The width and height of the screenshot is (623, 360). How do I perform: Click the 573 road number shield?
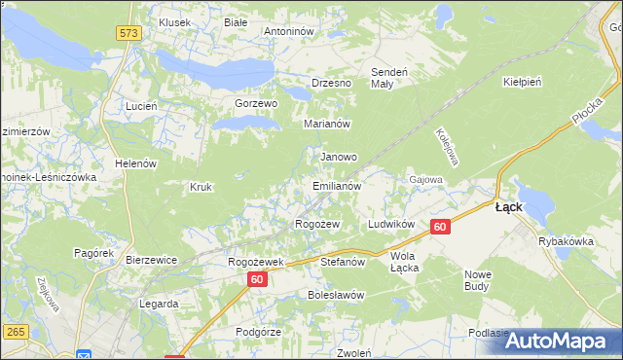click(128, 33)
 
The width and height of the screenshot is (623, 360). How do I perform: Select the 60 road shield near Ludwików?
click(440, 227)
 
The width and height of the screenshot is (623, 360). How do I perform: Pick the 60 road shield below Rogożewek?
click(256, 279)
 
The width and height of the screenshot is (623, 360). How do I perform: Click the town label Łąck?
click(509, 207)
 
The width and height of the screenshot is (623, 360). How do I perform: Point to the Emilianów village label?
click(337, 185)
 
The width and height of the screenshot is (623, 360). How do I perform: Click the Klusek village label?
click(174, 21)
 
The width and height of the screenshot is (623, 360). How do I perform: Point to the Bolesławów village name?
click(335, 295)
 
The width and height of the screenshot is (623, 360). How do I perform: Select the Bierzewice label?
click(150, 260)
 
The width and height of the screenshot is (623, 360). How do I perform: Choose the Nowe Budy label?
click(478, 280)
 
